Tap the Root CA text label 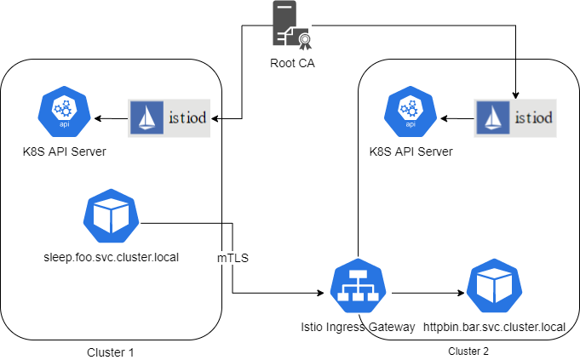coord(290,64)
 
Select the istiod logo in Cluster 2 coord(515,117)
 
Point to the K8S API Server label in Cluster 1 coord(63,151)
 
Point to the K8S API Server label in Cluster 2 coord(411,151)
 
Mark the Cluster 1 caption coord(110,351)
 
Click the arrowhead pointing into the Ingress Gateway coord(324,294)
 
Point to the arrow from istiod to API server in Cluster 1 coord(111,117)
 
